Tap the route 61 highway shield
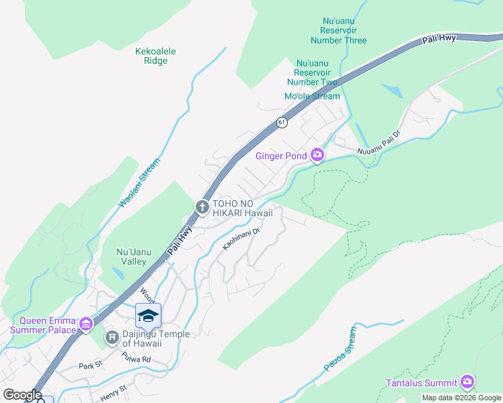coord(281,122)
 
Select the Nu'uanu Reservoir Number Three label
coord(343,31)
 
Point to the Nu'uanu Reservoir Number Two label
coord(312,73)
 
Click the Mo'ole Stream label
coord(312,96)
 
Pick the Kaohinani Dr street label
coord(241,239)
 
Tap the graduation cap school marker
coord(148,316)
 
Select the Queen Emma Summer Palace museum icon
coord(85,325)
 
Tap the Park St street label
coord(89,366)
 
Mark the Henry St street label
coord(113,390)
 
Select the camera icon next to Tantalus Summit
coord(467,383)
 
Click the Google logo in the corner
coord(22,395)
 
